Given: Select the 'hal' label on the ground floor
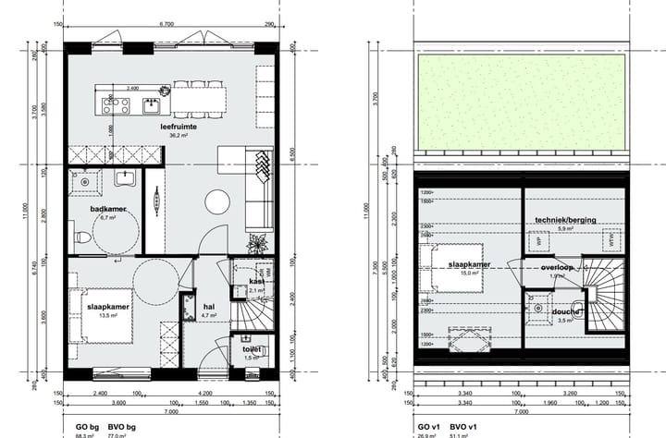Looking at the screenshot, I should click(x=209, y=307).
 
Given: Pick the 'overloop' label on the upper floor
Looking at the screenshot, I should click(x=559, y=267).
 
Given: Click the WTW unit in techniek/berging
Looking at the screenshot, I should click(x=609, y=240).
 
